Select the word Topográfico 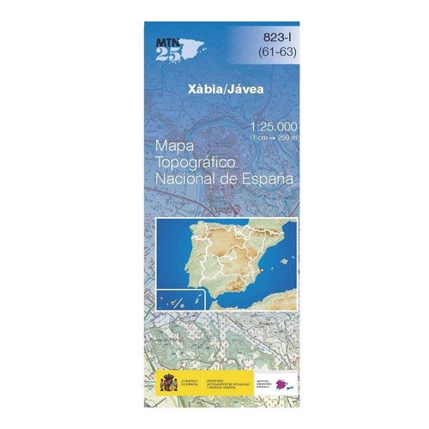coord(196,163)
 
